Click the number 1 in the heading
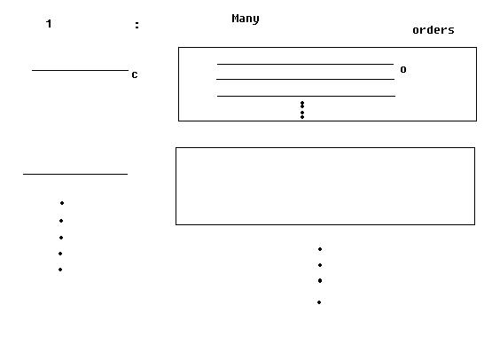point(49,24)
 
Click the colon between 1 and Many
point(137,25)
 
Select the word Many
point(246,19)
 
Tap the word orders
point(433,30)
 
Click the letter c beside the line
point(135,74)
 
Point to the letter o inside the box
point(403,69)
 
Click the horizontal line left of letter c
point(80,70)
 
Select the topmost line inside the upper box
point(305,64)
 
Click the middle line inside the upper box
point(305,79)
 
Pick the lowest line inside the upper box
point(306,96)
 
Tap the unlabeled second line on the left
point(75,174)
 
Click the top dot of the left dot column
point(62,203)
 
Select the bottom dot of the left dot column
point(60,270)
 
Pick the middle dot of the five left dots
point(61,238)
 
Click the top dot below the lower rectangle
point(320,249)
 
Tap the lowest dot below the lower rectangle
point(319,302)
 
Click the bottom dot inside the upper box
point(302,117)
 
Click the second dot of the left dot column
point(61,221)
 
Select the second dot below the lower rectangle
point(320,265)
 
